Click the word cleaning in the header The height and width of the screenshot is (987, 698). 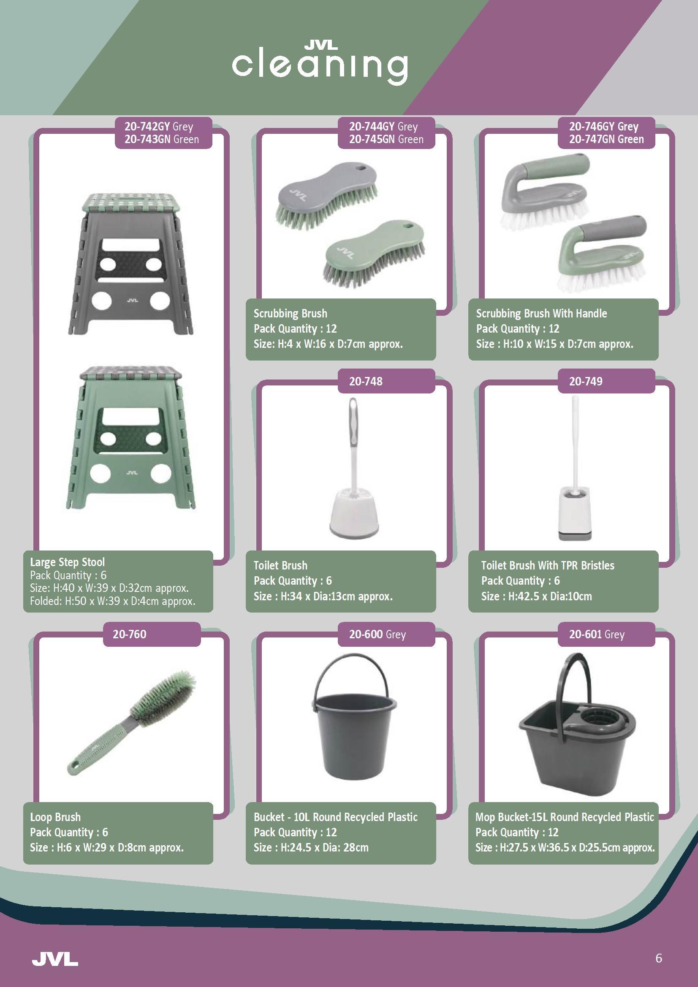pos(320,68)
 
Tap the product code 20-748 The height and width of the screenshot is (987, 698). pos(366,381)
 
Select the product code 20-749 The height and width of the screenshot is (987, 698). pos(586,381)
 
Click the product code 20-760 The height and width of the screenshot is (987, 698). pos(130,634)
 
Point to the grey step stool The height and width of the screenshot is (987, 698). pos(131,264)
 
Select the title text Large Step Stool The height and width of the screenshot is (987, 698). pos(68,562)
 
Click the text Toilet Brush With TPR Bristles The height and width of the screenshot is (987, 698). pos(548,565)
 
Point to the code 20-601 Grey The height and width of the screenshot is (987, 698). pos(597,634)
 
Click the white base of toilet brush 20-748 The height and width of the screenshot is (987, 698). pos(355,516)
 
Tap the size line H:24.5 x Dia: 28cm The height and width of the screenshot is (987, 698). pos(311,847)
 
